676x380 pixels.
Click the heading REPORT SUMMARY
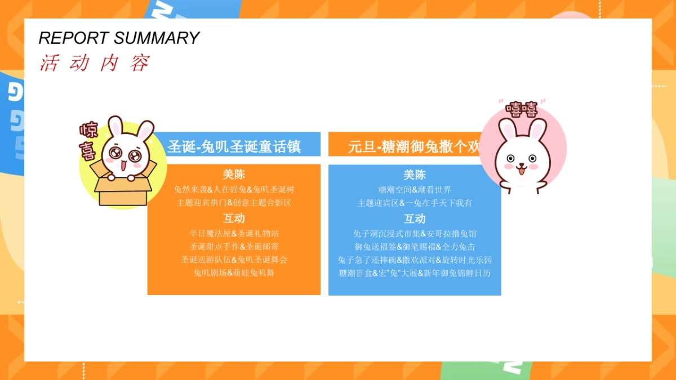[119, 38]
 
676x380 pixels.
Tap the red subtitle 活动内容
[95, 63]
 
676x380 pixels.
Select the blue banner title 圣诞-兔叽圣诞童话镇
[234, 147]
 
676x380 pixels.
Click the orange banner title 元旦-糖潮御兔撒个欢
[413, 147]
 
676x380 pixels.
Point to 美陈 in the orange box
[234, 175]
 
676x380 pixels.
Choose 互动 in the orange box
[234, 218]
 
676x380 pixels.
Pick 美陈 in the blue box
[415, 175]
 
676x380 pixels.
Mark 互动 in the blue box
[415, 218]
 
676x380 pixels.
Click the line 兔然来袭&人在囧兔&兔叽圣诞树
[234, 189]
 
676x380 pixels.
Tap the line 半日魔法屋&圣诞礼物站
[234, 233]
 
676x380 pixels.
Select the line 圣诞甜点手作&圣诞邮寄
[234, 247]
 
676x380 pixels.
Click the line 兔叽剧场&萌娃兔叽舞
[234, 273]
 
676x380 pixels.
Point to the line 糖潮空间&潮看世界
[415, 190]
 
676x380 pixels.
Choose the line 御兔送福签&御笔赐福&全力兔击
[415, 247]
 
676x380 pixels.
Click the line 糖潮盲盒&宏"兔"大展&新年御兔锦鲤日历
[415, 274]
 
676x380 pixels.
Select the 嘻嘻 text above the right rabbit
[521, 109]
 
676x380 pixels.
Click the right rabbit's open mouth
[521, 169]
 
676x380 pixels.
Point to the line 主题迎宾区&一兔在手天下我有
[415, 203]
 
